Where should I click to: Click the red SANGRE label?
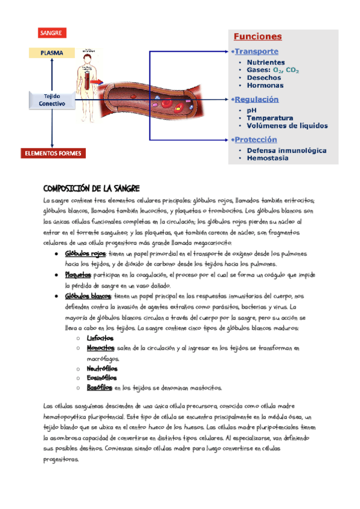pyautogui.click(x=51, y=32)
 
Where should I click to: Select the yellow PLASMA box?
pyautogui.click(x=52, y=53)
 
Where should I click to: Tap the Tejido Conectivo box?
pyautogui.click(x=52, y=100)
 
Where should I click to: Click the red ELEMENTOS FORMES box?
pyautogui.click(x=53, y=153)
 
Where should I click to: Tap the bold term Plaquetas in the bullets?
pyautogui.click(x=78, y=275)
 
